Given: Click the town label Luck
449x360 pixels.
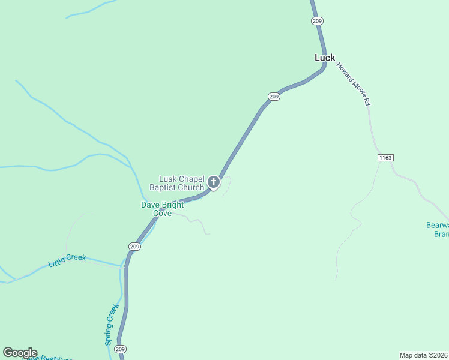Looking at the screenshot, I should (325, 58).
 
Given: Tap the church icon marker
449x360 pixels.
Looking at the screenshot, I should (213, 182).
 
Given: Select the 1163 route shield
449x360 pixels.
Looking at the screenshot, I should (385, 158).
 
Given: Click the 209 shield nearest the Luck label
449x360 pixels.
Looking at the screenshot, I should (318, 21).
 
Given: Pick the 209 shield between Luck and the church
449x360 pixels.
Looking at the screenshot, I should (274, 97).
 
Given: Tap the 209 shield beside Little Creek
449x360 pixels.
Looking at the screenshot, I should (134, 246).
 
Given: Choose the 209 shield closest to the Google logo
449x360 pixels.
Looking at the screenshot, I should (121, 349).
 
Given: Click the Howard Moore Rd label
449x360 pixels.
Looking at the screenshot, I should (353, 85).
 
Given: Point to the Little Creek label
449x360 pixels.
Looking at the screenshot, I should (67, 260).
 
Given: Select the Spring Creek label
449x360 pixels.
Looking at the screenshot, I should (112, 324).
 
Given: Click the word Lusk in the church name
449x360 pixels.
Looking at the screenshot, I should (167, 179).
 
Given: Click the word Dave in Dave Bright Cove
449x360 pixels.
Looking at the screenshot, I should (150, 205).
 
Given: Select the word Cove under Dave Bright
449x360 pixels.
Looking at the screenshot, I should (162, 213).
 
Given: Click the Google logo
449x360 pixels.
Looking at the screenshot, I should (20, 353).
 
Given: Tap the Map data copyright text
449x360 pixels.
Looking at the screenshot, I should (424, 355).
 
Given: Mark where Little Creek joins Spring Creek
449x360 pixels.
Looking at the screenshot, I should (123, 264).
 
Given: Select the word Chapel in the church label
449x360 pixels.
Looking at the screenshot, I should (191, 179).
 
